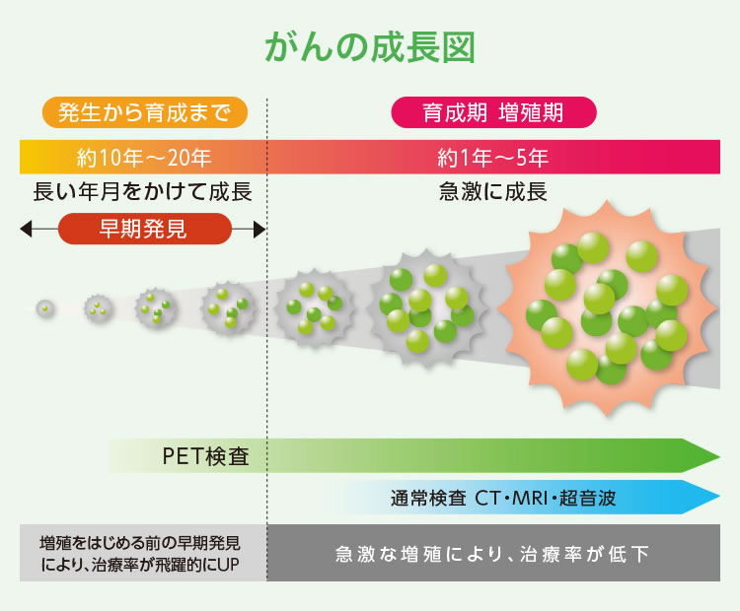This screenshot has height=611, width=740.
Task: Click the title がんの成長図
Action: click(x=370, y=47)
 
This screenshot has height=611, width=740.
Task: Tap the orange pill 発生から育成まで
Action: click(x=145, y=112)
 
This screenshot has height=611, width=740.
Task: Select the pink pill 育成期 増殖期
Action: click(x=493, y=112)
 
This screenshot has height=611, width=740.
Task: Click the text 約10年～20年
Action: click(x=144, y=158)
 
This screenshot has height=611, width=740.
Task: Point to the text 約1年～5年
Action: click(x=493, y=158)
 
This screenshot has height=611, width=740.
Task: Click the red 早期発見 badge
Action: click(x=145, y=229)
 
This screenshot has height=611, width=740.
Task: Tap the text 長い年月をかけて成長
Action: click(x=142, y=192)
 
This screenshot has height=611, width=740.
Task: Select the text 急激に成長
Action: click(x=493, y=192)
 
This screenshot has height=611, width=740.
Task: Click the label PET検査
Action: click(x=206, y=456)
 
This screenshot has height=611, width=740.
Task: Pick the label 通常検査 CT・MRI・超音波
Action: click(x=503, y=498)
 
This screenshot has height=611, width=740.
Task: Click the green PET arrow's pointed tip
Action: click(x=718, y=456)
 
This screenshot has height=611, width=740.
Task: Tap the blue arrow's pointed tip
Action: click(x=718, y=497)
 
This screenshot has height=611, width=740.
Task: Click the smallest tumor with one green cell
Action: click(x=45, y=308)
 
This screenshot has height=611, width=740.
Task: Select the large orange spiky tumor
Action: click(x=607, y=308)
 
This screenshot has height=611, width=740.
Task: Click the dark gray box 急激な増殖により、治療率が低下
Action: click(x=493, y=553)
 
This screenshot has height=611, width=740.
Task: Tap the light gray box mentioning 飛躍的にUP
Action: click(x=143, y=553)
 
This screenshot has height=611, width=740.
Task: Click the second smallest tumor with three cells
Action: click(x=98, y=309)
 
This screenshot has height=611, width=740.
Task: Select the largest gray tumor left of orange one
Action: click(x=426, y=307)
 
